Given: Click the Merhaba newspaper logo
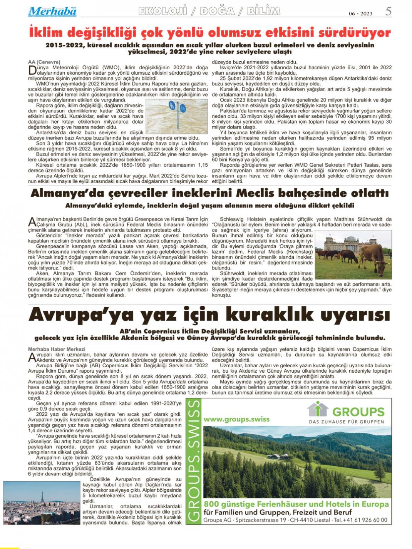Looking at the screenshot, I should point(52,12).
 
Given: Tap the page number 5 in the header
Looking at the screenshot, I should point(389,12).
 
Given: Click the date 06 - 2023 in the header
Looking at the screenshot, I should point(360,13).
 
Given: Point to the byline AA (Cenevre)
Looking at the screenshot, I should point(44,62).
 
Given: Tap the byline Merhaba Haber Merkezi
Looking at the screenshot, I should point(51,349).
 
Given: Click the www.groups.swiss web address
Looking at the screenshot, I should point(236,419).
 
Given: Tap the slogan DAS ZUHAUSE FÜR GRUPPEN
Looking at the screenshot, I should point(346,422).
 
